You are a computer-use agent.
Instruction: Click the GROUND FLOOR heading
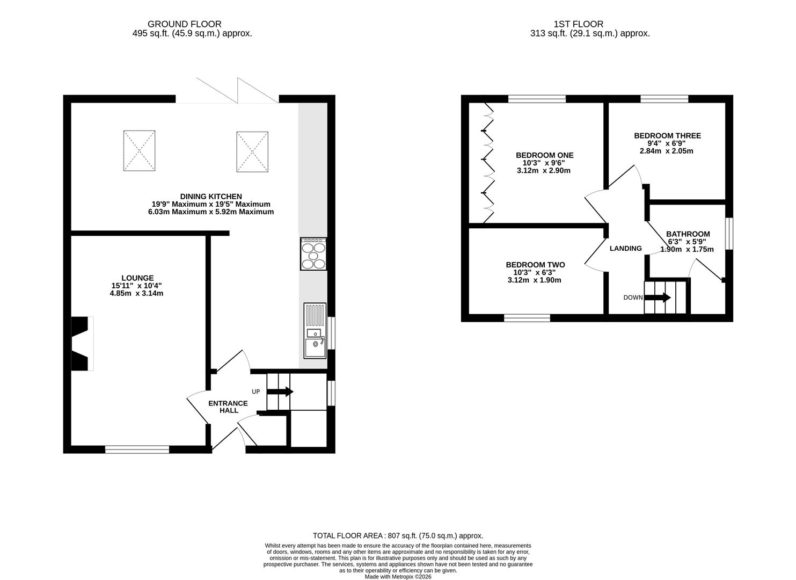point(185,24)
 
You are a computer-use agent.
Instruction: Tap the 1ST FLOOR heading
point(578,24)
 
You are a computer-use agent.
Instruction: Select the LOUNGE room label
point(137,278)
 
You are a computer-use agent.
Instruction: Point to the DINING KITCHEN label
point(211,197)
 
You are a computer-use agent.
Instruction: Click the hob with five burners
point(313,254)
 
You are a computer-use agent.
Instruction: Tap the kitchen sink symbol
point(315,331)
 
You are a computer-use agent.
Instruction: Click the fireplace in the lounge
point(82,344)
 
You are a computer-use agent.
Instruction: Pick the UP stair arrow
point(280,392)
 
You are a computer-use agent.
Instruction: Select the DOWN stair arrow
point(657,298)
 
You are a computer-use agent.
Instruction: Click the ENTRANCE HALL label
point(228,407)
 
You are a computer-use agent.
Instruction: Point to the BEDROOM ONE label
point(544,155)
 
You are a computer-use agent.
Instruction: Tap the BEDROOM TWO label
point(535,265)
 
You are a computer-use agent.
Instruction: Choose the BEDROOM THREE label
point(667,136)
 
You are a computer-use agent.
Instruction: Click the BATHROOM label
point(688,234)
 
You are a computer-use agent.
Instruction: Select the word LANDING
point(626,249)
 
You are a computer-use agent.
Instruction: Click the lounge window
point(137,450)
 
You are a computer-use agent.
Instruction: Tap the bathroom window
point(729,234)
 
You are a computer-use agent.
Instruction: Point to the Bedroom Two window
point(527,318)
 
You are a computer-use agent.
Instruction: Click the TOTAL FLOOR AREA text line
point(398,535)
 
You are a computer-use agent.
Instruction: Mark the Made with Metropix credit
point(398,577)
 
